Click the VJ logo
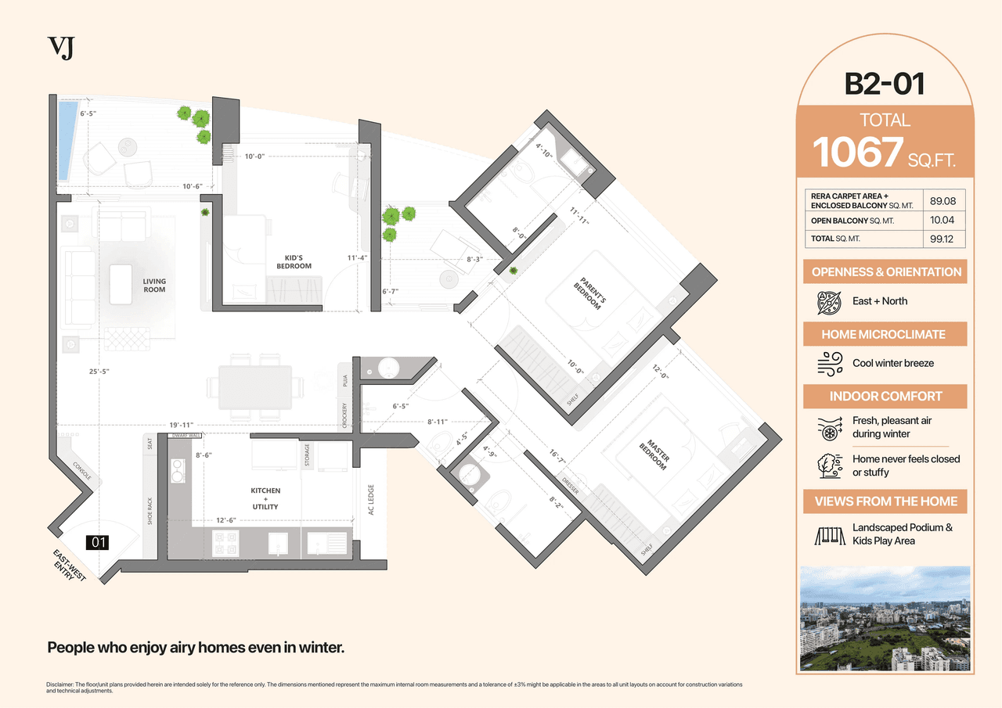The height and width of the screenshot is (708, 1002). (x=61, y=48)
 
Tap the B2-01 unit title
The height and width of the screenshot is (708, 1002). (x=885, y=84)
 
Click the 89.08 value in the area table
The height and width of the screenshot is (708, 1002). (x=943, y=201)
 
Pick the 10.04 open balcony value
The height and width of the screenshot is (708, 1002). (x=943, y=221)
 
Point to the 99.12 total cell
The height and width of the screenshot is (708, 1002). (x=943, y=239)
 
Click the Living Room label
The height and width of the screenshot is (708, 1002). (x=154, y=286)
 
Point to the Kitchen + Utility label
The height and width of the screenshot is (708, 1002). (x=265, y=498)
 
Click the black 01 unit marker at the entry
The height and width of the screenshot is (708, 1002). (x=99, y=542)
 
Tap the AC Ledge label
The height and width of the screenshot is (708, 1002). (x=372, y=500)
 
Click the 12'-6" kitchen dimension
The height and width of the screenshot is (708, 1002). (x=226, y=519)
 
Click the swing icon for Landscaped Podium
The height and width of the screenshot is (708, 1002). (x=827, y=534)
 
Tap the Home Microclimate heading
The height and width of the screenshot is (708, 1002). (x=884, y=334)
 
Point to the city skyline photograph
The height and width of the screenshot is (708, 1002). (x=885, y=618)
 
